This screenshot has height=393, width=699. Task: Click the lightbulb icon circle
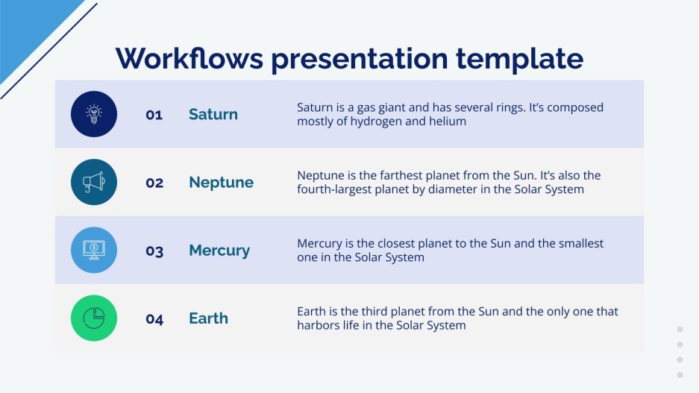click(94, 114)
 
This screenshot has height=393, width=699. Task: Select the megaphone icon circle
click(94, 182)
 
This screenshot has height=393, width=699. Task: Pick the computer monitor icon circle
click(94, 250)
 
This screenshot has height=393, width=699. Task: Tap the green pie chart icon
click(94, 318)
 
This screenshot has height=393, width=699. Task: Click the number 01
click(154, 115)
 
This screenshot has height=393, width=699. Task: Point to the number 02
click(154, 183)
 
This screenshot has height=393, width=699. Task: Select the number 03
click(154, 251)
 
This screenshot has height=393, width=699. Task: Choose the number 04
click(154, 319)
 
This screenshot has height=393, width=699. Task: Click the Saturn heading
click(213, 114)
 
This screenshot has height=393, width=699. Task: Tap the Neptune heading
click(221, 183)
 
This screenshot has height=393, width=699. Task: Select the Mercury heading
click(219, 251)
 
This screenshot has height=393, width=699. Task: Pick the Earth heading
click(208, 318)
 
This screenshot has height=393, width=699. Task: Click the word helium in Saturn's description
click(448, 122)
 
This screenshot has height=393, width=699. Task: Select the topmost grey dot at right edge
click(680, 329)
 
